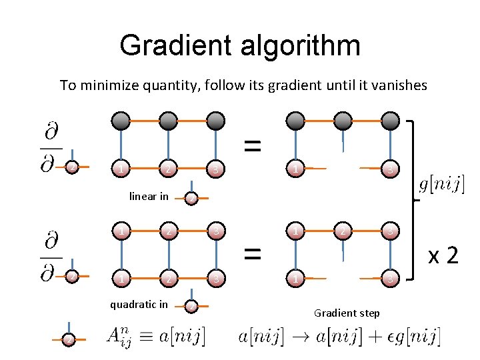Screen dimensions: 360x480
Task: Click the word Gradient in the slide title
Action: pyautogui.click(x=175, y=45)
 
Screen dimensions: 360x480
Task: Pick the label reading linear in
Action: pyautogui.click(x=149, y=196)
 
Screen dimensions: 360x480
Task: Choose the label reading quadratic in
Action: pyautogui.click(x=139, y=305)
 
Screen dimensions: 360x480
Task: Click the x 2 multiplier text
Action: pyautogui.click(x=443, y=255)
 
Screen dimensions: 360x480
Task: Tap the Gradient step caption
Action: pyautogui.click(x=347, y=313)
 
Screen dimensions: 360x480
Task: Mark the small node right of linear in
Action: pyautogui.click(x=191, y=198)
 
